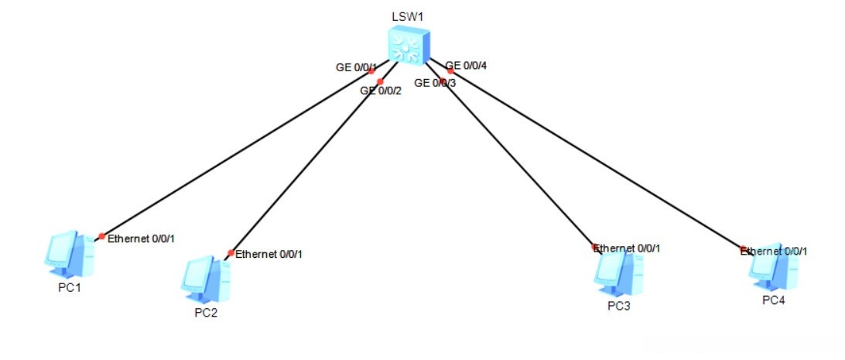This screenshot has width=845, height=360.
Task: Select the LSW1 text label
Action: tap(407, 16)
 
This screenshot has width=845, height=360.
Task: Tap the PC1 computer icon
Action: tap(69, 255)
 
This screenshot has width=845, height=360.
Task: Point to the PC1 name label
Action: tap(70, 287)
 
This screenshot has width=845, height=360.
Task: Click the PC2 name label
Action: tap(206, 313)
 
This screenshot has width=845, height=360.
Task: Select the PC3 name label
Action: tap(619, 306)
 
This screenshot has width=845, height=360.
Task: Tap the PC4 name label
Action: tap(773, 300)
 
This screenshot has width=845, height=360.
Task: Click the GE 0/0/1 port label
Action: tap(356, 67)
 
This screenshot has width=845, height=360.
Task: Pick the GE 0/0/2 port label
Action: tap(381, 91)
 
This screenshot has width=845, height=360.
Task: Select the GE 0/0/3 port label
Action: tap(436, 83)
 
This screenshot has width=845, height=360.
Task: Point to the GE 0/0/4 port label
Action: tap(466, 66)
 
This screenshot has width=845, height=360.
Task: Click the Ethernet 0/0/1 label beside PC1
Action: tap(141, 238)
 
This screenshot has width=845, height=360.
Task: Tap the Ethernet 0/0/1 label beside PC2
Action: tap(269, 254)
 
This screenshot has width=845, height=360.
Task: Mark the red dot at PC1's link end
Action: tap(102, 236)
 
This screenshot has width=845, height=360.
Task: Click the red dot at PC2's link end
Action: tap(231, 252)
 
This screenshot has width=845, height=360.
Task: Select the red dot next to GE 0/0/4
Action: tap(450, 71)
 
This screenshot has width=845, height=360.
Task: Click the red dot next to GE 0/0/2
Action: tap(380, 81)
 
